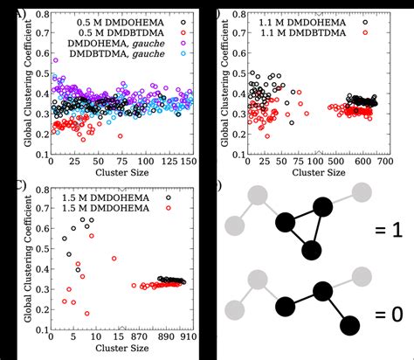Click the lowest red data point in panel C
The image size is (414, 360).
coord(86,313)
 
